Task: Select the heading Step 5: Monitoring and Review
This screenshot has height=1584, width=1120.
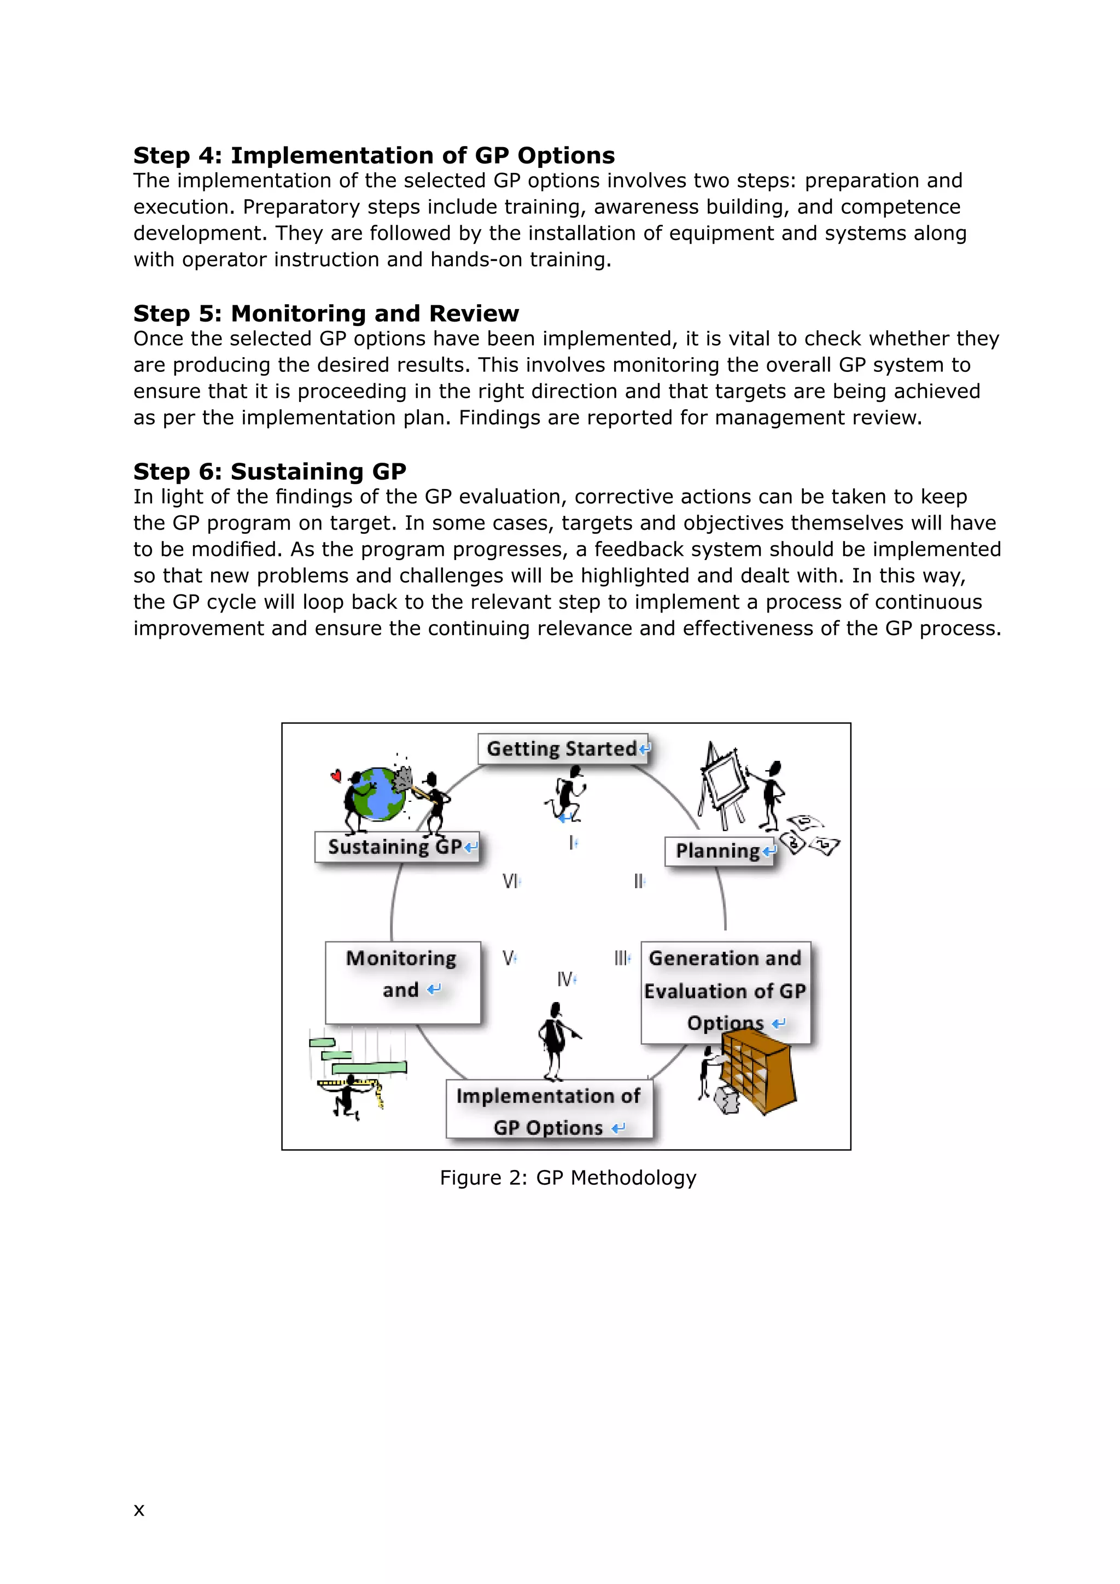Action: pyautogui.click(x=325, y=313)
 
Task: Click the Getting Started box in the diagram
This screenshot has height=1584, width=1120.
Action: pyautogui.click(x=563, y=749)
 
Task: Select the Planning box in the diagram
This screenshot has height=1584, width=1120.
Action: pyautogui.click(x=719, y=851)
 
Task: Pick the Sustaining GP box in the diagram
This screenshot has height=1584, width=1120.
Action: pyautogui.click(x=396, y=847)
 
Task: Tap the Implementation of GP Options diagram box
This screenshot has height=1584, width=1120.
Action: pyautogui.click(x=549, y=1111)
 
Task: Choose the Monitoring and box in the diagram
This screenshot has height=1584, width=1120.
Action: pyautogui.click(x=402, y=981)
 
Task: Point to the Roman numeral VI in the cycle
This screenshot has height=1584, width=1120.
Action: pyautogui.click(x=510, y=881)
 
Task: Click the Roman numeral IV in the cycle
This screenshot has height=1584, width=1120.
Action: pyautogui.click(x=565, y=979)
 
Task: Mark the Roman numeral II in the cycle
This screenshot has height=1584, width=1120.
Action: pyautogui.click(x=638, y=881)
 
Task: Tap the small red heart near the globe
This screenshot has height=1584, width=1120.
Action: pyautogui.click(x=336, y=776)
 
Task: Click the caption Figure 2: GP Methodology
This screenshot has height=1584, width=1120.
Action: pyautogui.click(x=568, y=1178)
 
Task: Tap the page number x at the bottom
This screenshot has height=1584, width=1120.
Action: pyautogui.click(x=138, y=1510)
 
